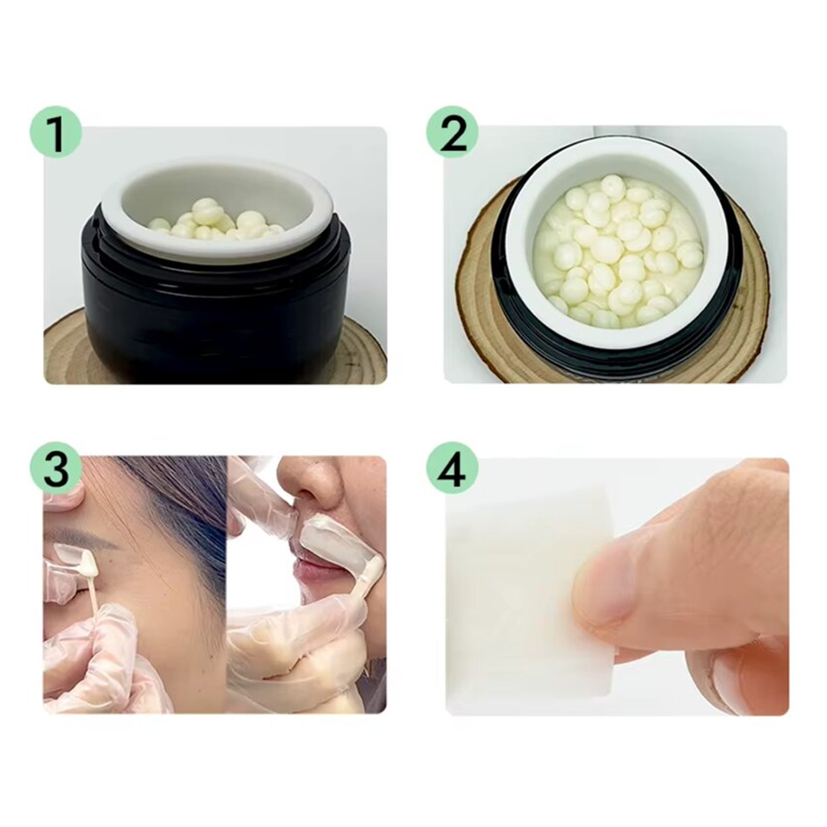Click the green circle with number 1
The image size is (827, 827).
click(56, 132)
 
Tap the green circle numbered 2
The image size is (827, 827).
click(453, 132)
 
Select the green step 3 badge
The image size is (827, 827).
click(56, 467)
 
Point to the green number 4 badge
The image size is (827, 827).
click(453, 467)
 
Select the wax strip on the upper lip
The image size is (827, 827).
click(337, 547)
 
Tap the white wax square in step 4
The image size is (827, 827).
click(513, 597)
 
